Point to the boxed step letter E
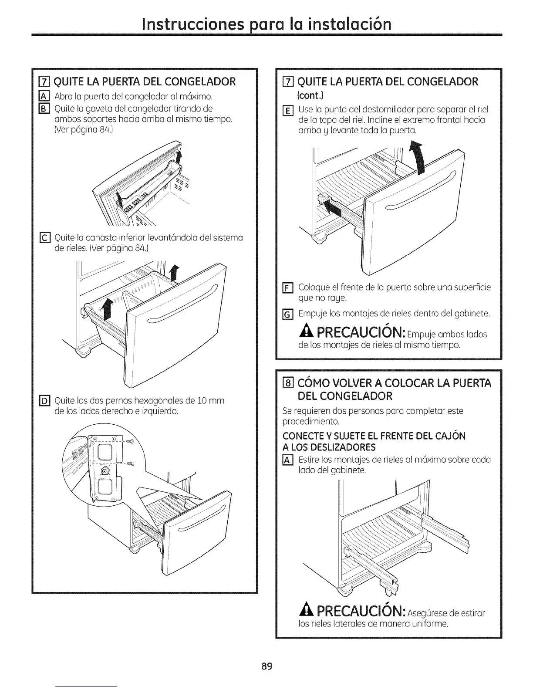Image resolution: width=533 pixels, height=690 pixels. point(287,109)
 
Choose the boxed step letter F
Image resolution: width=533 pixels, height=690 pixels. point(287,288)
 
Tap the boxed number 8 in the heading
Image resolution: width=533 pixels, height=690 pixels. point(288,383)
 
